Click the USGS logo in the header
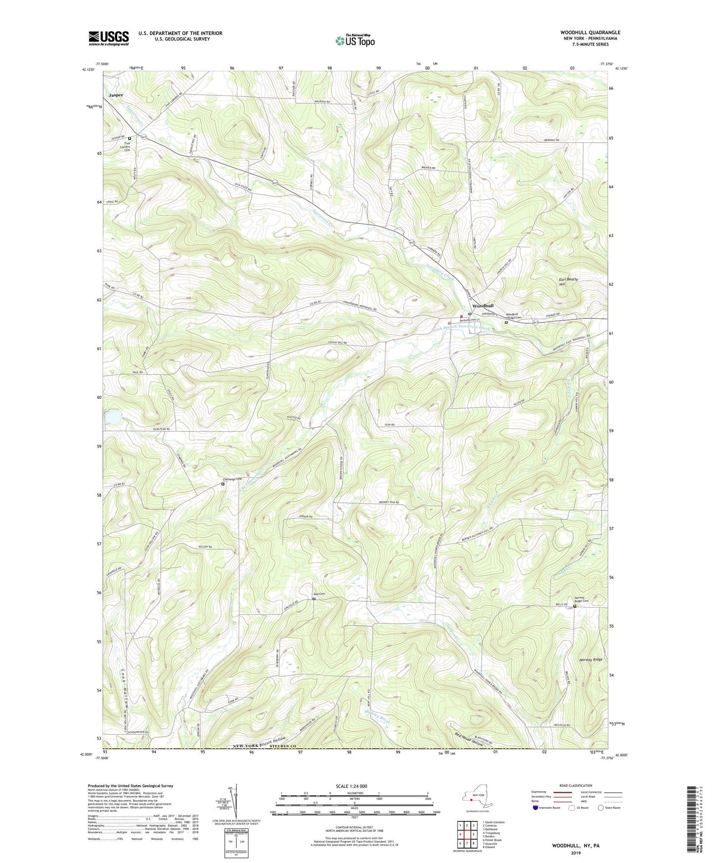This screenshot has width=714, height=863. tap(109, 38)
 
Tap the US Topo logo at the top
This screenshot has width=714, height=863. tap(354, 41)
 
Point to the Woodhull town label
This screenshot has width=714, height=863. tap(483, 306)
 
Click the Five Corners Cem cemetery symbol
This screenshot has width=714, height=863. tap(129, 138)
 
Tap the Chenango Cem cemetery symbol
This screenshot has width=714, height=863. tap(222, 484)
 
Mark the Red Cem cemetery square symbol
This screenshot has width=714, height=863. tap(314, 599)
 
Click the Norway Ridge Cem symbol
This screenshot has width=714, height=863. tap(575, 606)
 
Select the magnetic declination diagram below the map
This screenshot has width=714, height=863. tap(236, 803)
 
